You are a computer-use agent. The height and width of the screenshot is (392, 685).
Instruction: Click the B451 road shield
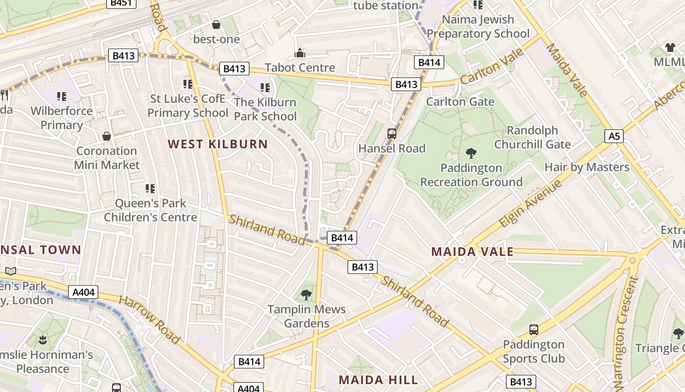[x=122, y=3]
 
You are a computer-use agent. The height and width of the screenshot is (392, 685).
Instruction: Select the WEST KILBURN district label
[x=218, y=144]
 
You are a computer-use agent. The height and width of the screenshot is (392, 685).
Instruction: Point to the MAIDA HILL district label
[x=378, y=380]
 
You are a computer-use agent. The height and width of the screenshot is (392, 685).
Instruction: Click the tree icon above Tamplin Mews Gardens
[x=306, y=295]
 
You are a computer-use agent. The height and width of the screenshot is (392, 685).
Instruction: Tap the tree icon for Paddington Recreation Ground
[x=471, y=153]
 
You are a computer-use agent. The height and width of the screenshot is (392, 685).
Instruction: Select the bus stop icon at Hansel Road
[x=391, y=133]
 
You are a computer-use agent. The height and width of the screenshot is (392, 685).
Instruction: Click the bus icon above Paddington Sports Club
[x=533, y=330]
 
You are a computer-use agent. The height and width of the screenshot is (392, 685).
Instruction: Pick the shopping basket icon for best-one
[x=216, y=24]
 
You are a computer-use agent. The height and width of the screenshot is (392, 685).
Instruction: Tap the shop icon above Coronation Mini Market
[x=106, y=136]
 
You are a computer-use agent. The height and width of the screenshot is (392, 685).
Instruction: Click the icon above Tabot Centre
[x=299, y=53]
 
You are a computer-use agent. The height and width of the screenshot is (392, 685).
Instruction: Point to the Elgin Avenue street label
[x=530, y=204]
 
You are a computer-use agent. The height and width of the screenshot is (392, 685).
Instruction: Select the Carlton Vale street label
[x=492, y=67]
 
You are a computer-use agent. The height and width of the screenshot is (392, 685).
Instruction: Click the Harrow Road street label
[x=149, y=319]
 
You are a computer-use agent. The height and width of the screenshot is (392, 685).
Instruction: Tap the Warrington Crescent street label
[x=624, y=333]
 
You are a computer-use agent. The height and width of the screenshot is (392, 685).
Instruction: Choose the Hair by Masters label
[x=587, y=167]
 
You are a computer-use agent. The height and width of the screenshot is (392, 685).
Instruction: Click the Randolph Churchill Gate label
[x=532, y=137]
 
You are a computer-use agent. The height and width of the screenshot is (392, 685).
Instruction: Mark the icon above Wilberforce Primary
[x=61, y=96]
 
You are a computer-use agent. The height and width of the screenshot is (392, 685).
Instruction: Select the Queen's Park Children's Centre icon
[x=150, y=188]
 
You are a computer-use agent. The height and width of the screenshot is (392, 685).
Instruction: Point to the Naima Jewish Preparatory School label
[x=478, y=26]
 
